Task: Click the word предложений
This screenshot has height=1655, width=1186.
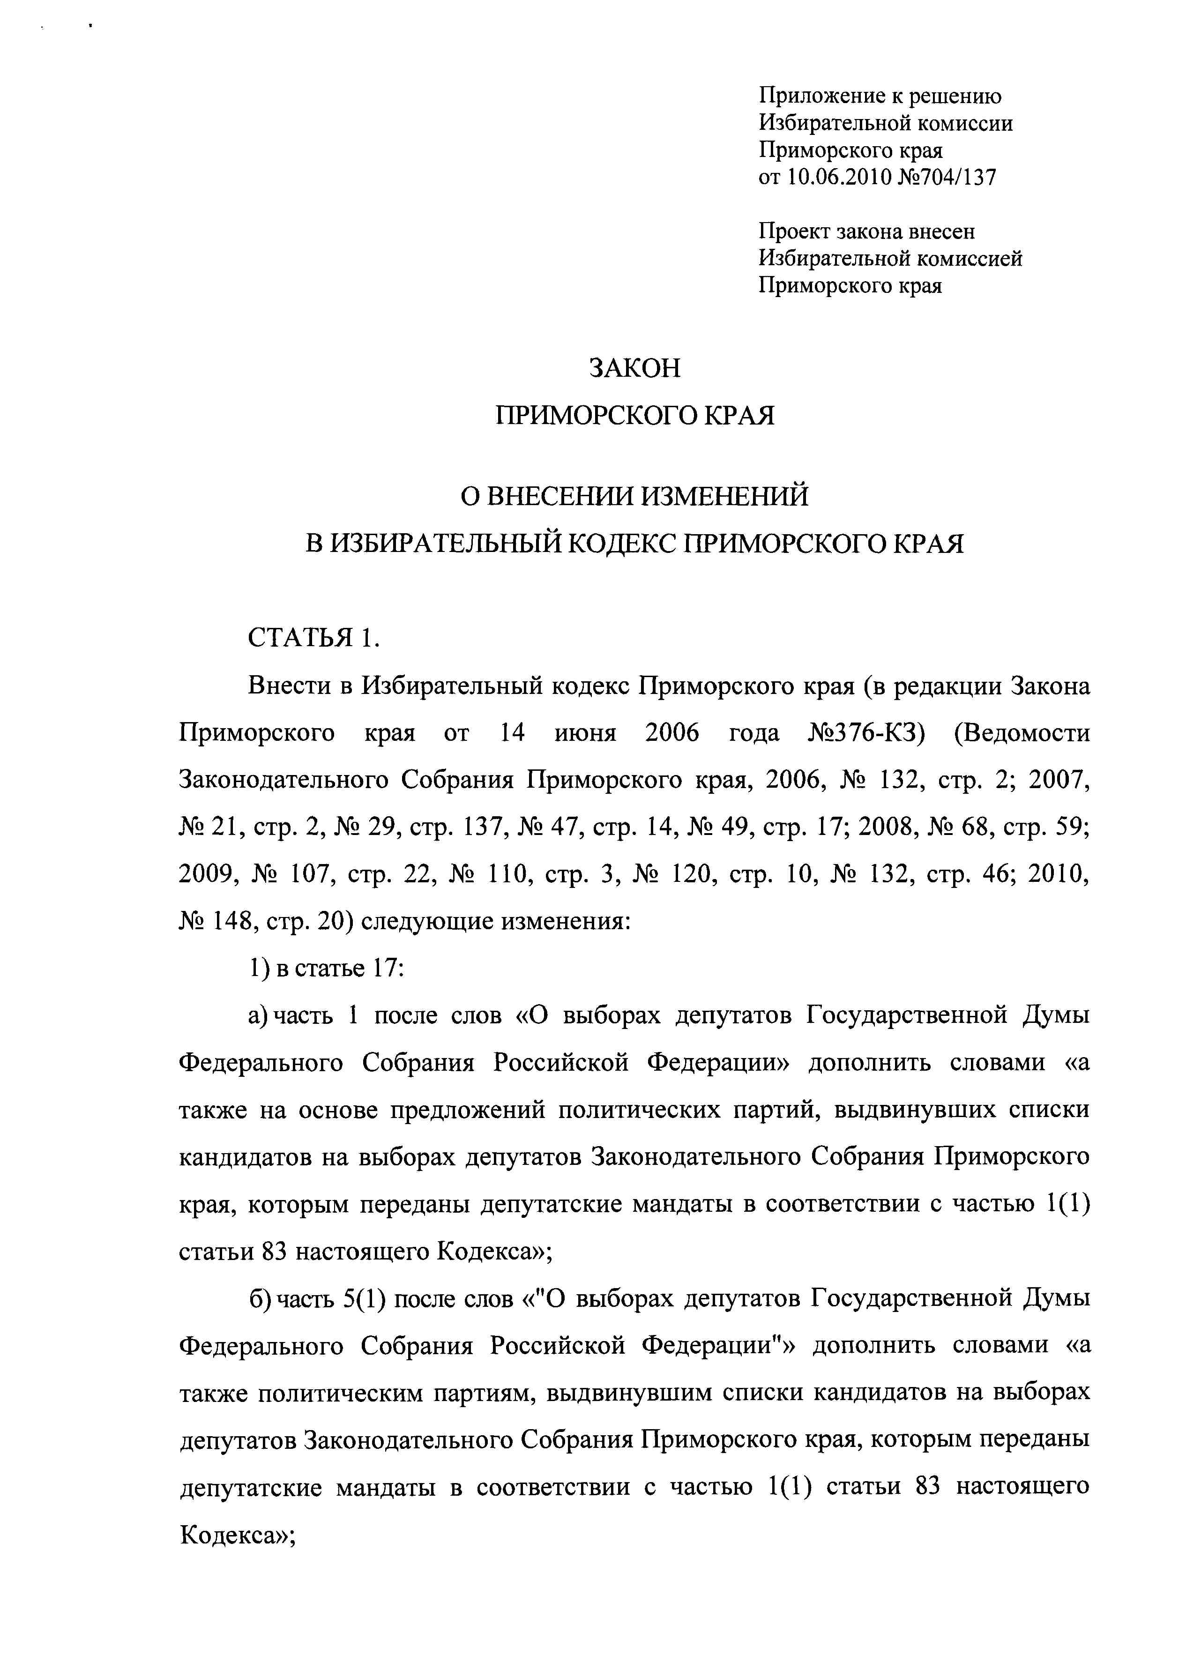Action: tap(468, 1110)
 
